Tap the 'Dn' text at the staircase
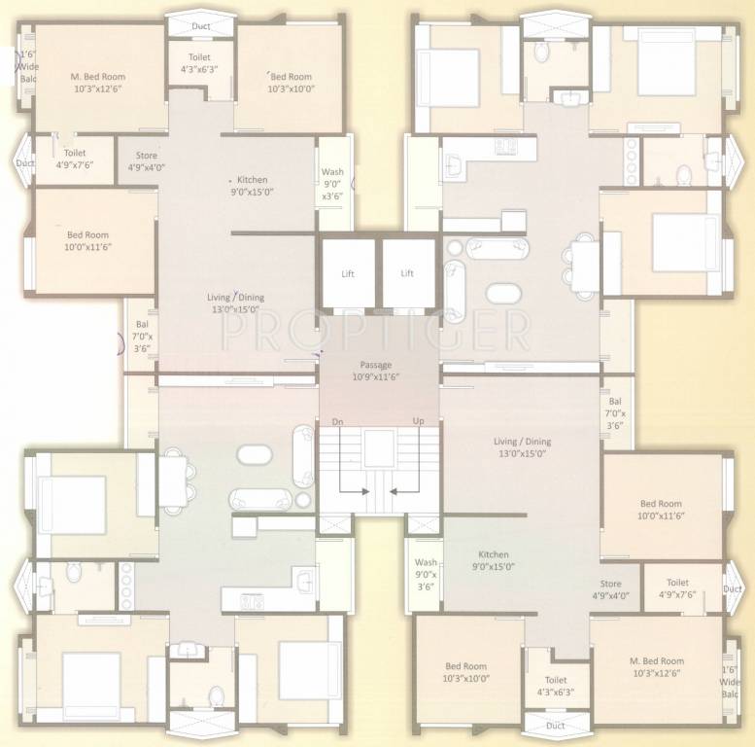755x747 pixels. [337, 421]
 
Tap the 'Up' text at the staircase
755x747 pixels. [419, 421]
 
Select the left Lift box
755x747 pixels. [348, 273]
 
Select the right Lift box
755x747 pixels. [407, 273]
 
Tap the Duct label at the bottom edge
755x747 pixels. [555, 726]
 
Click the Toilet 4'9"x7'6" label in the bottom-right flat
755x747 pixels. [678, 588]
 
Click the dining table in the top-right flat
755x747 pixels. [585, 262]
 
